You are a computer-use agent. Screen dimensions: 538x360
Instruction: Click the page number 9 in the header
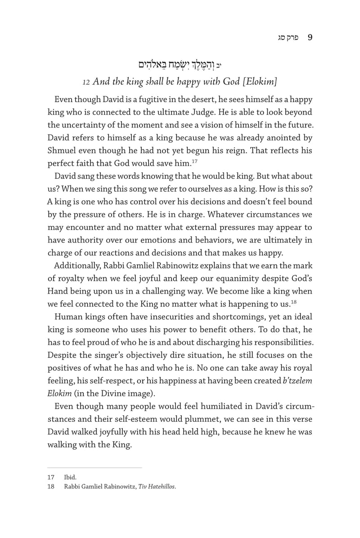point(310,38)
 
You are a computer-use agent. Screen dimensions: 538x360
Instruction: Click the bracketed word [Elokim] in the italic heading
point(260,82)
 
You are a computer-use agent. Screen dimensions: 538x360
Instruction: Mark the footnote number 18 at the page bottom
point(51,486)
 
